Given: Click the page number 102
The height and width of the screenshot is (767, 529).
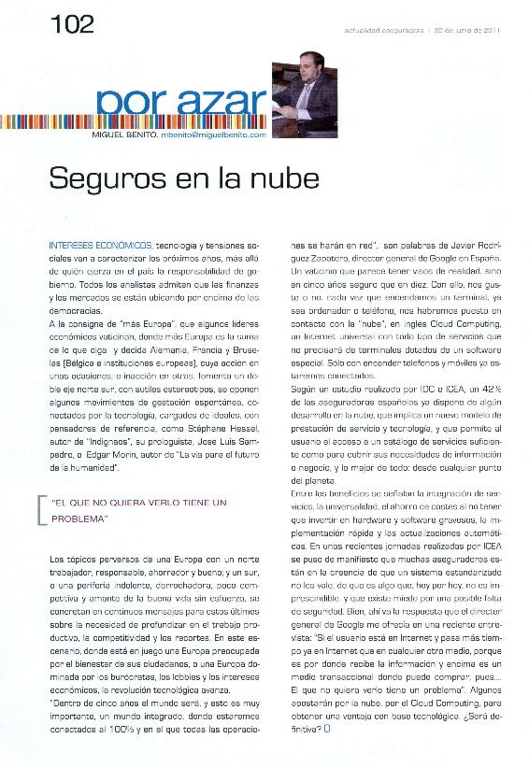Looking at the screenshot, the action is point(73,25).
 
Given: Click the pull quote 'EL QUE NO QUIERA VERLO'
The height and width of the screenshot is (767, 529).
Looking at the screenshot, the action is point(140,503).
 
